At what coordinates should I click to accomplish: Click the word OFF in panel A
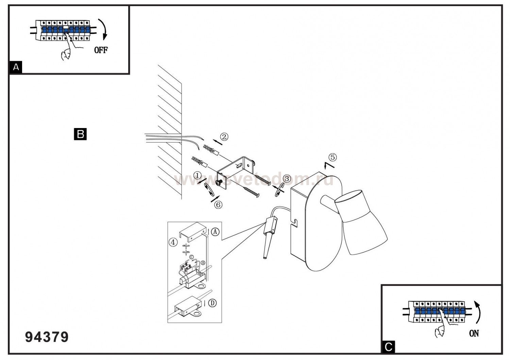coord(101,50)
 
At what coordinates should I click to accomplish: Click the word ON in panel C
coord(474,333)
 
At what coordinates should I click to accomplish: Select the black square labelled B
coord(80,134)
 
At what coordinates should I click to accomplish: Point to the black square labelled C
coord(388,347)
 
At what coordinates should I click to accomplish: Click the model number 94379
coord(47,337)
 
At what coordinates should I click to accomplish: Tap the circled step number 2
coord(224,137)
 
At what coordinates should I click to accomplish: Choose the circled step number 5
coord(333,157)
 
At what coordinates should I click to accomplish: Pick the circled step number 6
coord(219,204)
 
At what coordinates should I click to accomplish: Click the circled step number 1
coord(198,175)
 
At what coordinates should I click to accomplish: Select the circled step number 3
coord(287,179)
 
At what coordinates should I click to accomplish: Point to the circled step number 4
coord(173,242)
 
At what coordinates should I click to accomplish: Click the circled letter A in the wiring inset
coord(215,232)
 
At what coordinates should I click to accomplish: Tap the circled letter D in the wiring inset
coord(212,303)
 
